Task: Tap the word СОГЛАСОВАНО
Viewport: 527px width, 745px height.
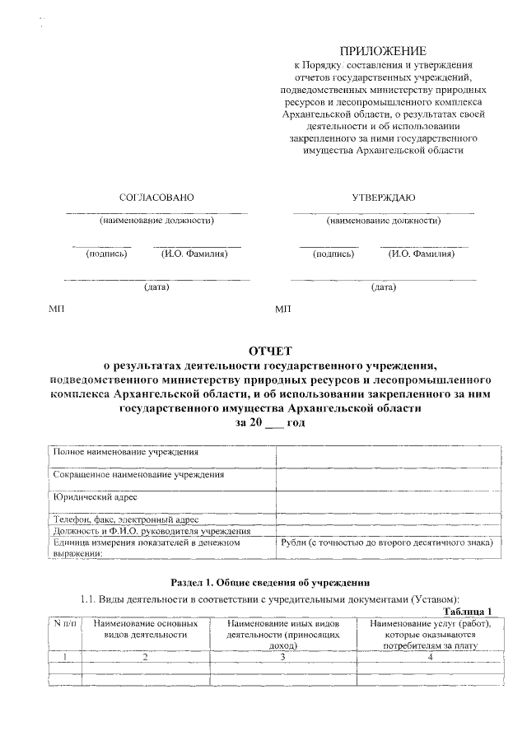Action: click(156, 198)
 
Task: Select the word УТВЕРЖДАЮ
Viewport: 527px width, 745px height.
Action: click(384, 198)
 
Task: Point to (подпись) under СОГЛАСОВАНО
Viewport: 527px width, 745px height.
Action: click(106, 254)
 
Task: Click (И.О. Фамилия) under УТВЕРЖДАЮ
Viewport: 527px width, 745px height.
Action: click(422, 254)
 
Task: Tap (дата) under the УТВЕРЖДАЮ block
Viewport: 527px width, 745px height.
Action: click(383, 287)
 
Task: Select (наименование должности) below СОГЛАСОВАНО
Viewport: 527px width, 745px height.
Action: click(156, 221)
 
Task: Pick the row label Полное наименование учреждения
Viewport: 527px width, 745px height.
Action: click(125, 453)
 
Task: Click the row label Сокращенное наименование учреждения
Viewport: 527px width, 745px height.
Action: click(138, 475)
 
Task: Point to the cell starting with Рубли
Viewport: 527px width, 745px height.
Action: click(387, 542)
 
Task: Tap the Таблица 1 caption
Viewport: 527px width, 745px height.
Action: click(467, 610)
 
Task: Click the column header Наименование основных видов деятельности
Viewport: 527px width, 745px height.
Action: click(145, 630)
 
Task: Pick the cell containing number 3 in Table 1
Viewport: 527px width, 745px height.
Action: click(282, 657)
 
